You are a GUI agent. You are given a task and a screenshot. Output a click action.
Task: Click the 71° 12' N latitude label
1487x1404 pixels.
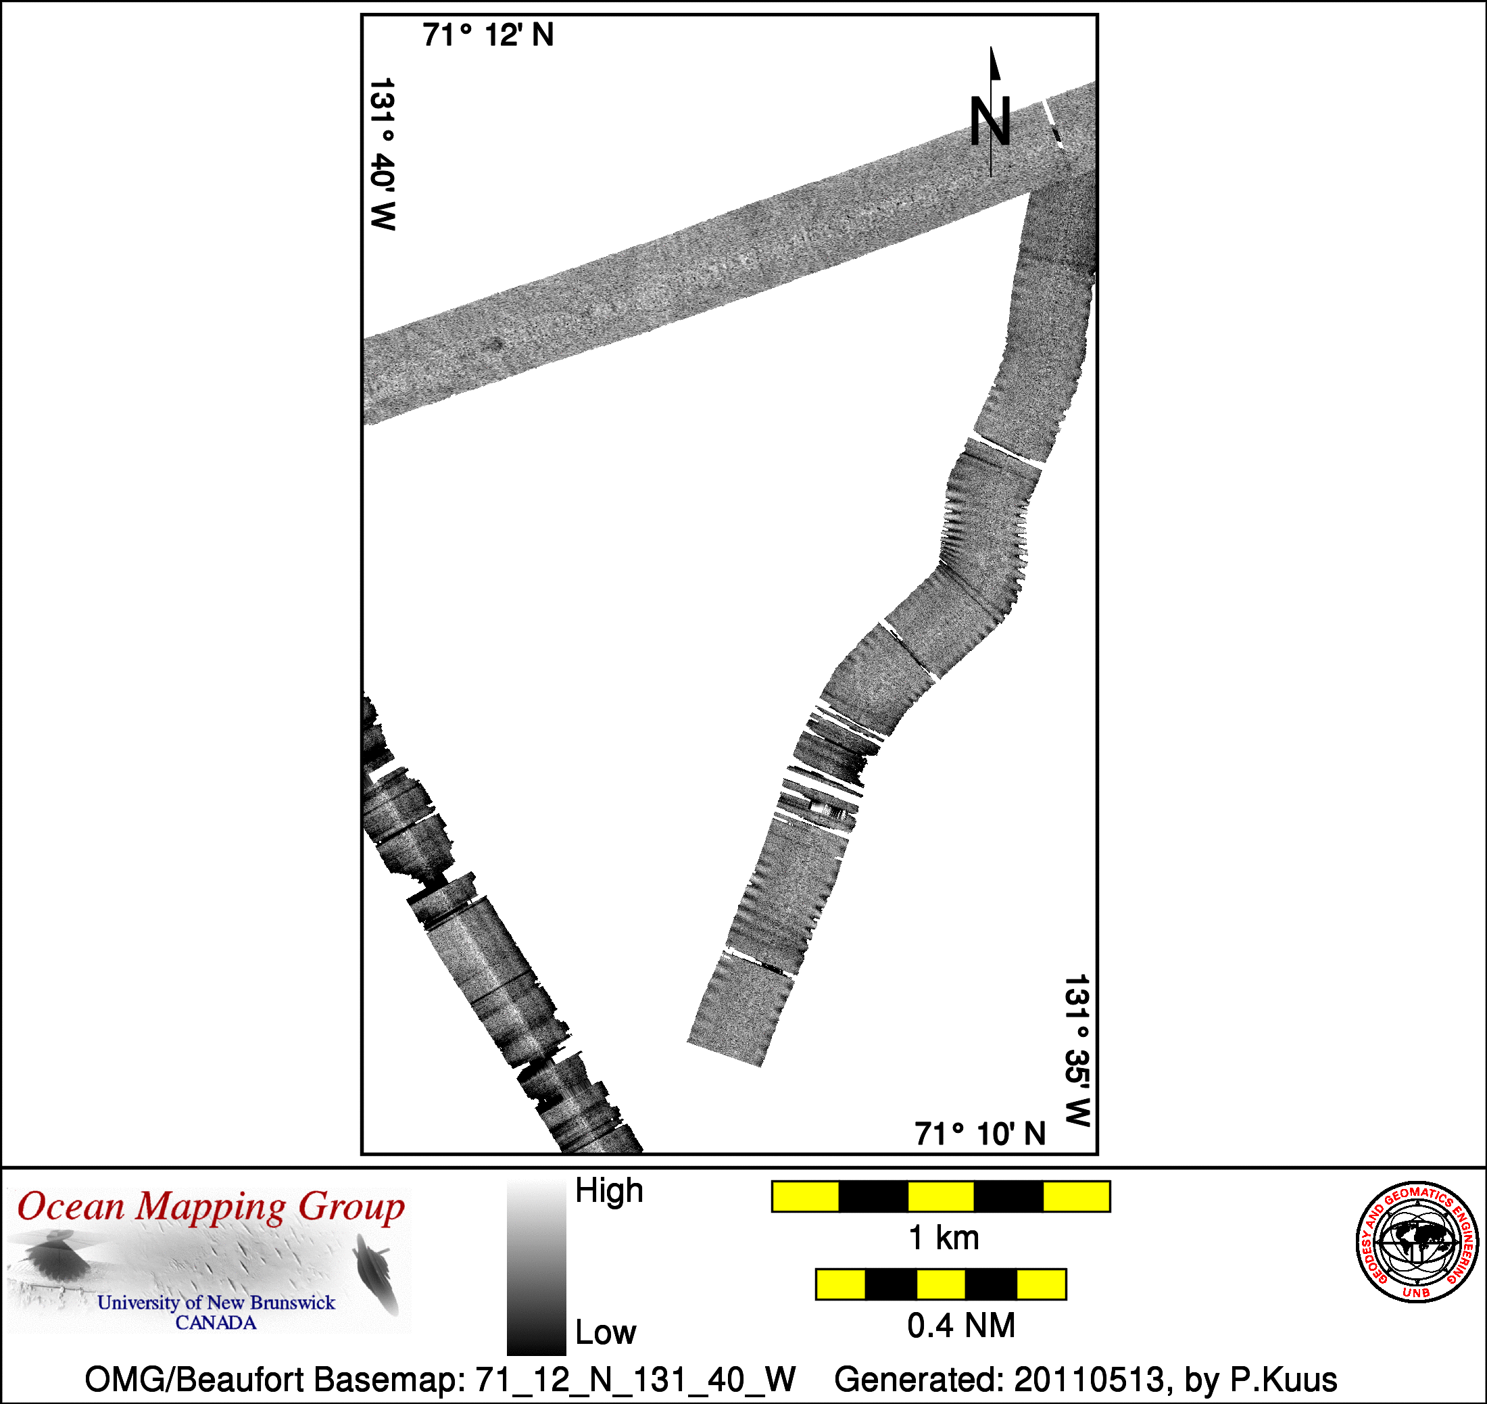[488, 35]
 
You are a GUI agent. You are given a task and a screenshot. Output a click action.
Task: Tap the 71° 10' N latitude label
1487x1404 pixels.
[980, 1134]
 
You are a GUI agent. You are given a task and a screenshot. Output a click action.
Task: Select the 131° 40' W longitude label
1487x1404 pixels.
[383, 154]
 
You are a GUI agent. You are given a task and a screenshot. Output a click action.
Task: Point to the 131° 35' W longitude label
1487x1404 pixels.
[1077, 1050]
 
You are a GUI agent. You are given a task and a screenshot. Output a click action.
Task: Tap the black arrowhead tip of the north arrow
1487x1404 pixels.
[992, 47]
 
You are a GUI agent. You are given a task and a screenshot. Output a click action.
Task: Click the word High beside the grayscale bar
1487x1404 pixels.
[609, 1190]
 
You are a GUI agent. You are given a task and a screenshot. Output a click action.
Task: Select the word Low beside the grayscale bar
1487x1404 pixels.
[606, 1332]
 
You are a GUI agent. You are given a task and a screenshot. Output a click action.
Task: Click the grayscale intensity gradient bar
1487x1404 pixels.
[536, 1268]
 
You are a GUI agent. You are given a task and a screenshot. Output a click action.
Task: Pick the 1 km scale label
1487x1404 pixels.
[944, 1238]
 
